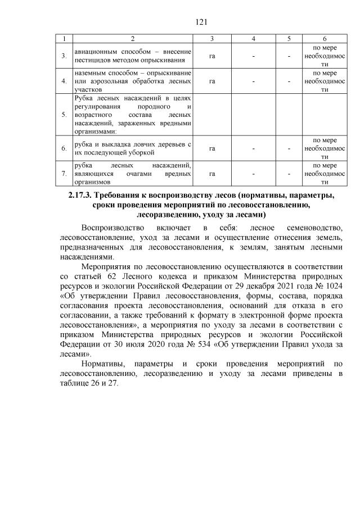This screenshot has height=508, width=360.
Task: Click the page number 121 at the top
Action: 179,22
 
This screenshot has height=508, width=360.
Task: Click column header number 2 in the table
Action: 132,38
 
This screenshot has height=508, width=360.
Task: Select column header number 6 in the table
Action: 325,38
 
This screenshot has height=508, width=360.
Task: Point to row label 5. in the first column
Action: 64,115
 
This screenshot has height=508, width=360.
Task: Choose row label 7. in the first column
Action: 64,174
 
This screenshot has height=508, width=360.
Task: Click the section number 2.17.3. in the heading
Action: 76,196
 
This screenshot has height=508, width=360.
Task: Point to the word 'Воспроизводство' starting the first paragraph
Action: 111,228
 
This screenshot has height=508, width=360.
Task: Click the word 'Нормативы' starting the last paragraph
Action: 106,365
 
